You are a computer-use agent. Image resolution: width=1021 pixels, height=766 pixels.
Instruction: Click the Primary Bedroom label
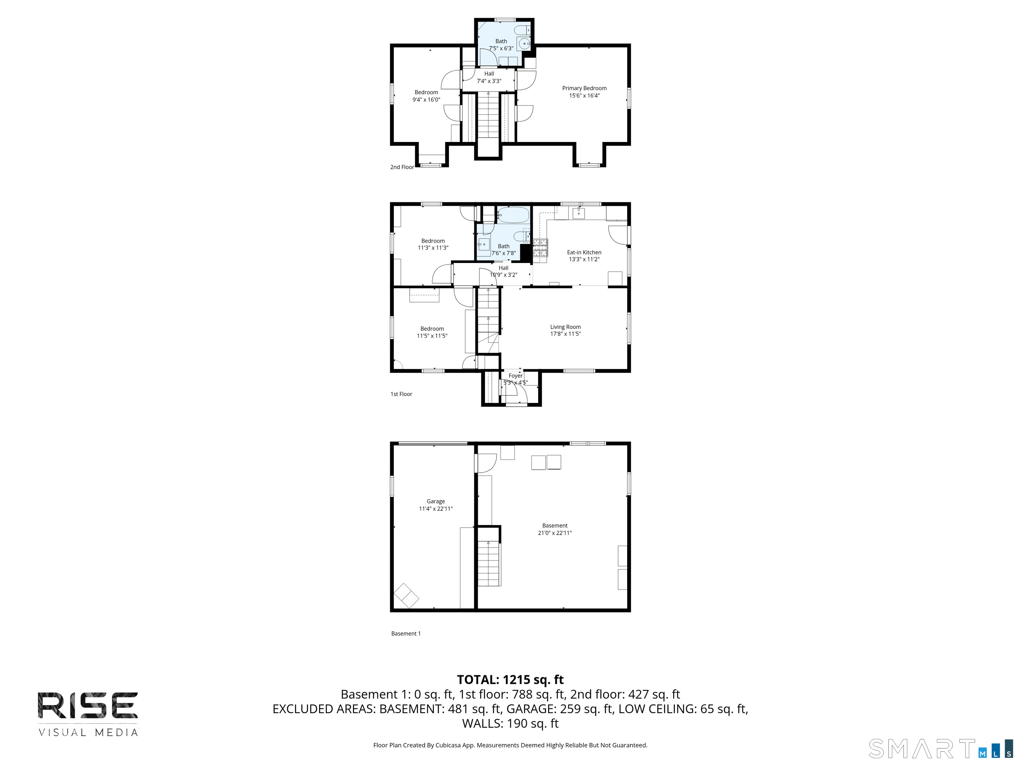584,88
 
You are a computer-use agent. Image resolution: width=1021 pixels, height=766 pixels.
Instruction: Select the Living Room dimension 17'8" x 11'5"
565,334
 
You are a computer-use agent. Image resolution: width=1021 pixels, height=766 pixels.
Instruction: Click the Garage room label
435,501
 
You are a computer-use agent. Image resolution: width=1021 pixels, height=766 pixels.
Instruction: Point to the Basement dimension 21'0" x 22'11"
554,533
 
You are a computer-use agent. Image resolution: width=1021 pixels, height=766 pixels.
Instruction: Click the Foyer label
515,376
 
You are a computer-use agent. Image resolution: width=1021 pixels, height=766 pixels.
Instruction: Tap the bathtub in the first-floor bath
513,215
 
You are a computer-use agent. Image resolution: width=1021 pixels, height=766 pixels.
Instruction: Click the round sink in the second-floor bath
524,44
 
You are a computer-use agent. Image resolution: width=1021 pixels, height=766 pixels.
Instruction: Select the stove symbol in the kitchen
540,248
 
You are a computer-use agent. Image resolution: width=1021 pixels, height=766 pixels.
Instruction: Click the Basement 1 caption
406,633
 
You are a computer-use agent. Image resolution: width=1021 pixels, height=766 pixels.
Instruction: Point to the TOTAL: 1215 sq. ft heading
510,680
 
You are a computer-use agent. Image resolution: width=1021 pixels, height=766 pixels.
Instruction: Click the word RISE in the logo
88,705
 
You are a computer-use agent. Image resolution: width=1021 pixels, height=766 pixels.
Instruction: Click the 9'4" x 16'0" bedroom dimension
426,100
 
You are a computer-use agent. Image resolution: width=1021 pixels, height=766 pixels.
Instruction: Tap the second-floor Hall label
489,74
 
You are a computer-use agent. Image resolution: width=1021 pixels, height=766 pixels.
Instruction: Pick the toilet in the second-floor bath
522,31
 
